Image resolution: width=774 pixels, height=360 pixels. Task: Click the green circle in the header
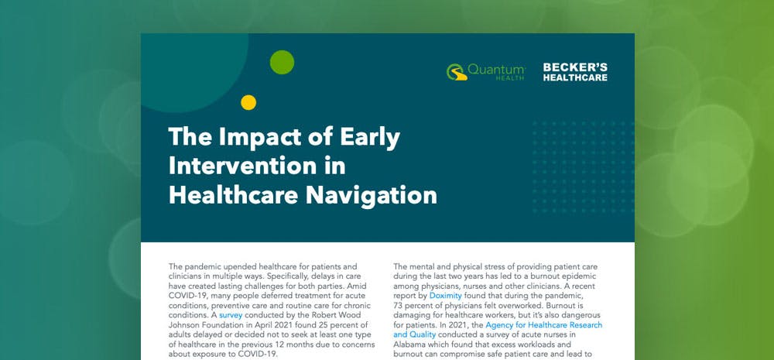(x=282, y=62)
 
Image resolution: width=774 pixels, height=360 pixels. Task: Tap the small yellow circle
(x=248, y=101)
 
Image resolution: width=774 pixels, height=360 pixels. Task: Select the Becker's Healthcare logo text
(x=575, y=72)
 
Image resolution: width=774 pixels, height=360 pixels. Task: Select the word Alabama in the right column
(x=412, y=345)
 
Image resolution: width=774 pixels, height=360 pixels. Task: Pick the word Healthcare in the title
(x=248, y=194)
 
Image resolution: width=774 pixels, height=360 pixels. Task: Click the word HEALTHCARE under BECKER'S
(x=575, y=77)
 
